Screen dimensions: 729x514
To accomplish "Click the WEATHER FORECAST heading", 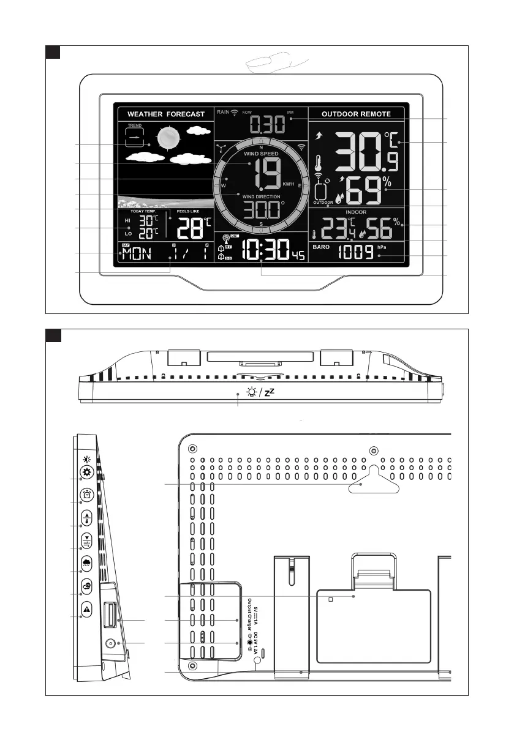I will [165, 114].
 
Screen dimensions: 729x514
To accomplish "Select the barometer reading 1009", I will [356, 251].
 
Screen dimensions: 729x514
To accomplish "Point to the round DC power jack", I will [111, 644].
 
